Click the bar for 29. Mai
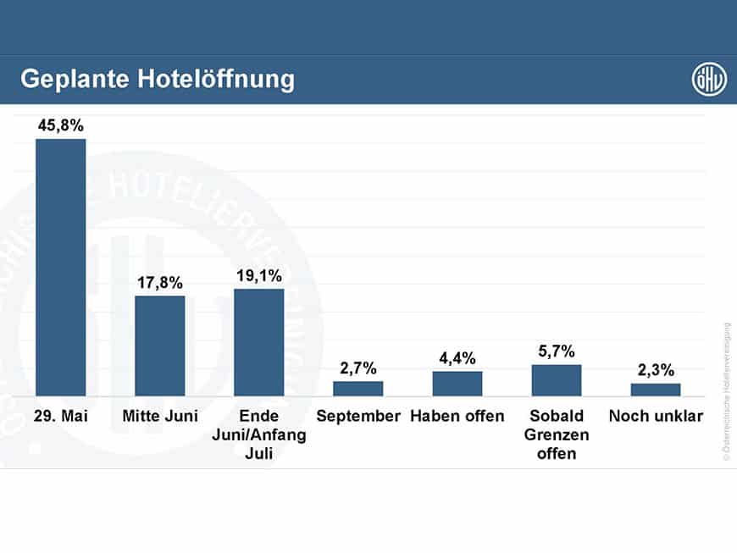pyautogui.click(x=60, y=267)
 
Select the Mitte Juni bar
pyautogui.click(x=159, y=346)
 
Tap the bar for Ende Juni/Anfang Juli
pyautogui.click(x=258, y=342)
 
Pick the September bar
pyautogui.click(x=357, y=389)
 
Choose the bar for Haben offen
pyautogui.click(x=457, y=384)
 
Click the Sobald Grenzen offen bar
pyautogui.click(x=557, y=380)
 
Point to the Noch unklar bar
pyautogui.click(x=655, y=390)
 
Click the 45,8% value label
pyautogui.click(x=60, y=125)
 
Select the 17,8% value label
pyautogui.click(x=159, y=282)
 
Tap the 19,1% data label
pyautogui.click(x=258, y=275)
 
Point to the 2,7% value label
pyautogui.click(x=357, y=368)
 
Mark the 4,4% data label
pyautogui.click(x=457, y=358)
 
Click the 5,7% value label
pyautogui.click(x=557, y=351)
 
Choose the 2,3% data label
pyautogui.click(x=655, y=370)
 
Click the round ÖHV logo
pyautogui.click(x=708, y=80)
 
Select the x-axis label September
pyautogui.click(x=357, y=417)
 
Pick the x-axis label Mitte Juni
pyautogui.click(x=159, y=417)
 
